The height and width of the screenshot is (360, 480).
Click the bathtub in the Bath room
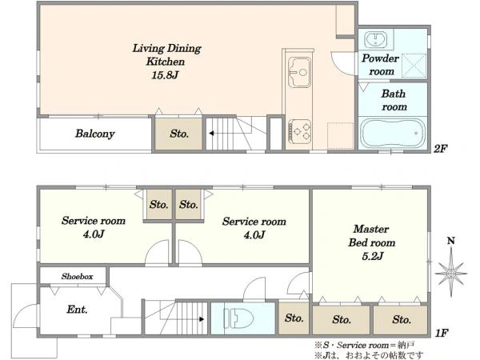click(x=393, y=133)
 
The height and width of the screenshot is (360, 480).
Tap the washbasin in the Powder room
click(x=376, y=39)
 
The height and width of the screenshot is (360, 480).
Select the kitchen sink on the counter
click(x=299, y=72)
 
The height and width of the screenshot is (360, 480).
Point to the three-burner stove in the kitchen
click(x=299, y=131)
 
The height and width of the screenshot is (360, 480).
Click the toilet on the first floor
click(x=238, y=318)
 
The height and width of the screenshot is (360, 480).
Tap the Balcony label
click(x=95, y=134)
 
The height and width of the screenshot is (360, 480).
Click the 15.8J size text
click(x=165, y=75)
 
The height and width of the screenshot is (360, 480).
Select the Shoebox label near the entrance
click(x=77, y=277)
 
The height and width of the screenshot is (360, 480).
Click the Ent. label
click(x=77, y=309)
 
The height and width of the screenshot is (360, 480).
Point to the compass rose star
click(x=451, y=273)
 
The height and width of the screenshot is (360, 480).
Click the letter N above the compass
click(x=451, y=241)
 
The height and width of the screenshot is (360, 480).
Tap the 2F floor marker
click(x=441, y=149)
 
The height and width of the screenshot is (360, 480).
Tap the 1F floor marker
click(x=442, y=333)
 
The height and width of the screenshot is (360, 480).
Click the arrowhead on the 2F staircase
click(x=211, y=134)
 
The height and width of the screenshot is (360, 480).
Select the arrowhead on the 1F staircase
click(x=202, y=319)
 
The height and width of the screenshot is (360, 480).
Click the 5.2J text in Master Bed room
click(x=372, y=256)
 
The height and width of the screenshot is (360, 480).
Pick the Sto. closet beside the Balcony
click(x=179, y=134)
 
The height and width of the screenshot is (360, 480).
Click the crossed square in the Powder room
click(x=414, y=66)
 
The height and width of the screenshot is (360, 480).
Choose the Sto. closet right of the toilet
click(x=294, y=318)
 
